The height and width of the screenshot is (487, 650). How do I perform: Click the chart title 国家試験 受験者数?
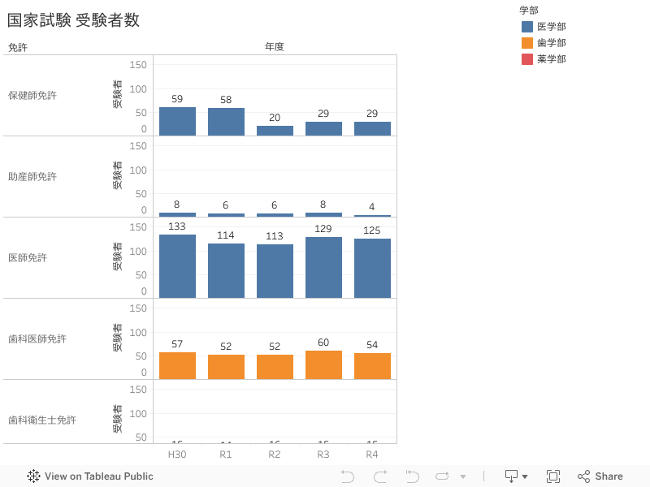pos(74,20)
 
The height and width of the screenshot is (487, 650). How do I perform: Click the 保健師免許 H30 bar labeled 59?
pos(177,121)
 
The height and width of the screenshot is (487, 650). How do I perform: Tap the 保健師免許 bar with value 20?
pos(275,131)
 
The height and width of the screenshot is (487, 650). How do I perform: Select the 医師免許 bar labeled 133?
pos(177,266)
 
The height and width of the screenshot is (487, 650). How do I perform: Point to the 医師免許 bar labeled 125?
pos(372,268)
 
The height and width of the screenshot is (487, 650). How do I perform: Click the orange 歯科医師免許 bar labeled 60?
pos(323,364)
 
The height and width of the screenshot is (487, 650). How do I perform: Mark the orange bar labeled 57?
pos(177,365)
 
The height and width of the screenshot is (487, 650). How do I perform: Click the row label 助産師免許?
pos(32,176)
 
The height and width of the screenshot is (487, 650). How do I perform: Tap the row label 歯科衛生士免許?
pos(42,420)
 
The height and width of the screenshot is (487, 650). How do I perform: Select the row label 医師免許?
pos(28,257)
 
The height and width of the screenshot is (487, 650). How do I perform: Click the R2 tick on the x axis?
pos(275,454)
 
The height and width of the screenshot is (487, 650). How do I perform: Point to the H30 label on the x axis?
pos(177,454)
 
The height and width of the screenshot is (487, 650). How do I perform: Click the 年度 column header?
pos(275,47)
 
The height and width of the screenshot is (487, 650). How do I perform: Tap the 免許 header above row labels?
pos(18,47)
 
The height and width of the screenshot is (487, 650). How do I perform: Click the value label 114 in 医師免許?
pos(226,235)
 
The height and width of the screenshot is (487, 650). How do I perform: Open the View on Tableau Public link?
pos(90,476)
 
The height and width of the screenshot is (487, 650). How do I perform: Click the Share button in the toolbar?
pos(600,476)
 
